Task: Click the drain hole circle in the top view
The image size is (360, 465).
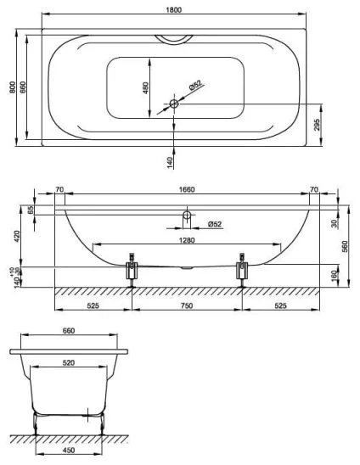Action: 173,104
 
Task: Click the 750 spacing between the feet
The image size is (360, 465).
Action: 186,304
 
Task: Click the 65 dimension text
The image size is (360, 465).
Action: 32,209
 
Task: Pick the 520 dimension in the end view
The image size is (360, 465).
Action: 73,362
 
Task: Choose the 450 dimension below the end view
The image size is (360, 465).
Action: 70,452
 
